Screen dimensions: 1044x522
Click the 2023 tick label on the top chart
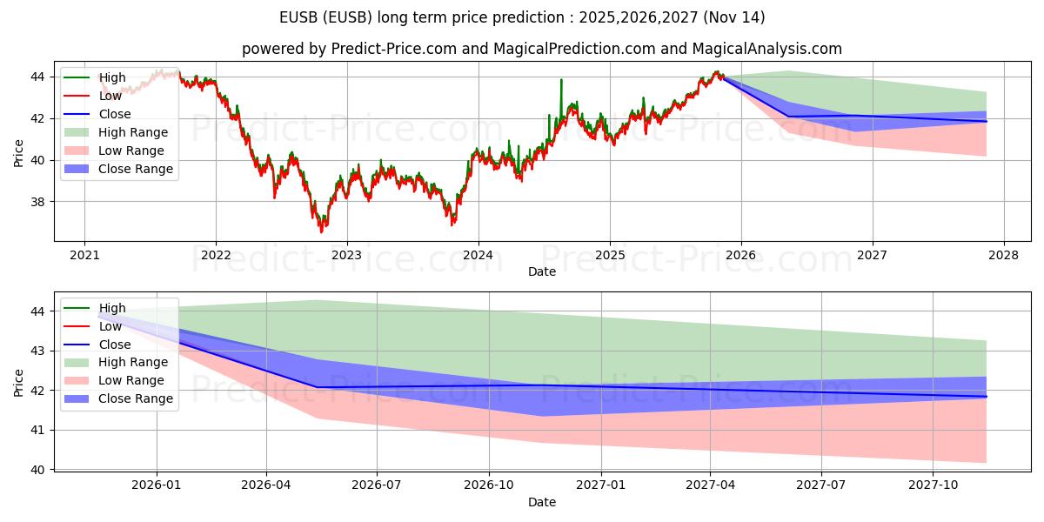click(346, 256)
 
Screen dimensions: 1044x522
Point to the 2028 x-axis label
click(1003, 256)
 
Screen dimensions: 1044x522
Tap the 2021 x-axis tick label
click(84, 256)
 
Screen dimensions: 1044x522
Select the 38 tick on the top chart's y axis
click(37, 202)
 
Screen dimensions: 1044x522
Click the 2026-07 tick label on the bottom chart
click(377, 485)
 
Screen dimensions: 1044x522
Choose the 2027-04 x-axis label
click(710, 485)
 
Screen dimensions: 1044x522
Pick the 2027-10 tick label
click(933, 485)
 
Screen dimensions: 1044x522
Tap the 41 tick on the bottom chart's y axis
click(37, 430)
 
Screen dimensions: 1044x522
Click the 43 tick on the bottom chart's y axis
click(37, 351)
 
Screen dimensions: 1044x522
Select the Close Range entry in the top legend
click(118, 169)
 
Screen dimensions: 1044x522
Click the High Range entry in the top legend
click(116, 132)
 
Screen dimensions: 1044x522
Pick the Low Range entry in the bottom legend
click(114, 380)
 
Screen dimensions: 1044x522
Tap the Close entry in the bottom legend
click(97, 345)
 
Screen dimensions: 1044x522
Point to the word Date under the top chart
click(541, 271)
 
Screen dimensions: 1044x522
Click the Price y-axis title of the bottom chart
click(18, 383)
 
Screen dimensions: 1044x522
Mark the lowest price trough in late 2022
click(321, 231)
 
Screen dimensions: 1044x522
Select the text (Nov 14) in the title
click(734, 17)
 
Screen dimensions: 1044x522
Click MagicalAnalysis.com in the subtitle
click(766, 49)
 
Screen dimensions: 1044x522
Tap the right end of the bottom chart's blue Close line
click(987, 397)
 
